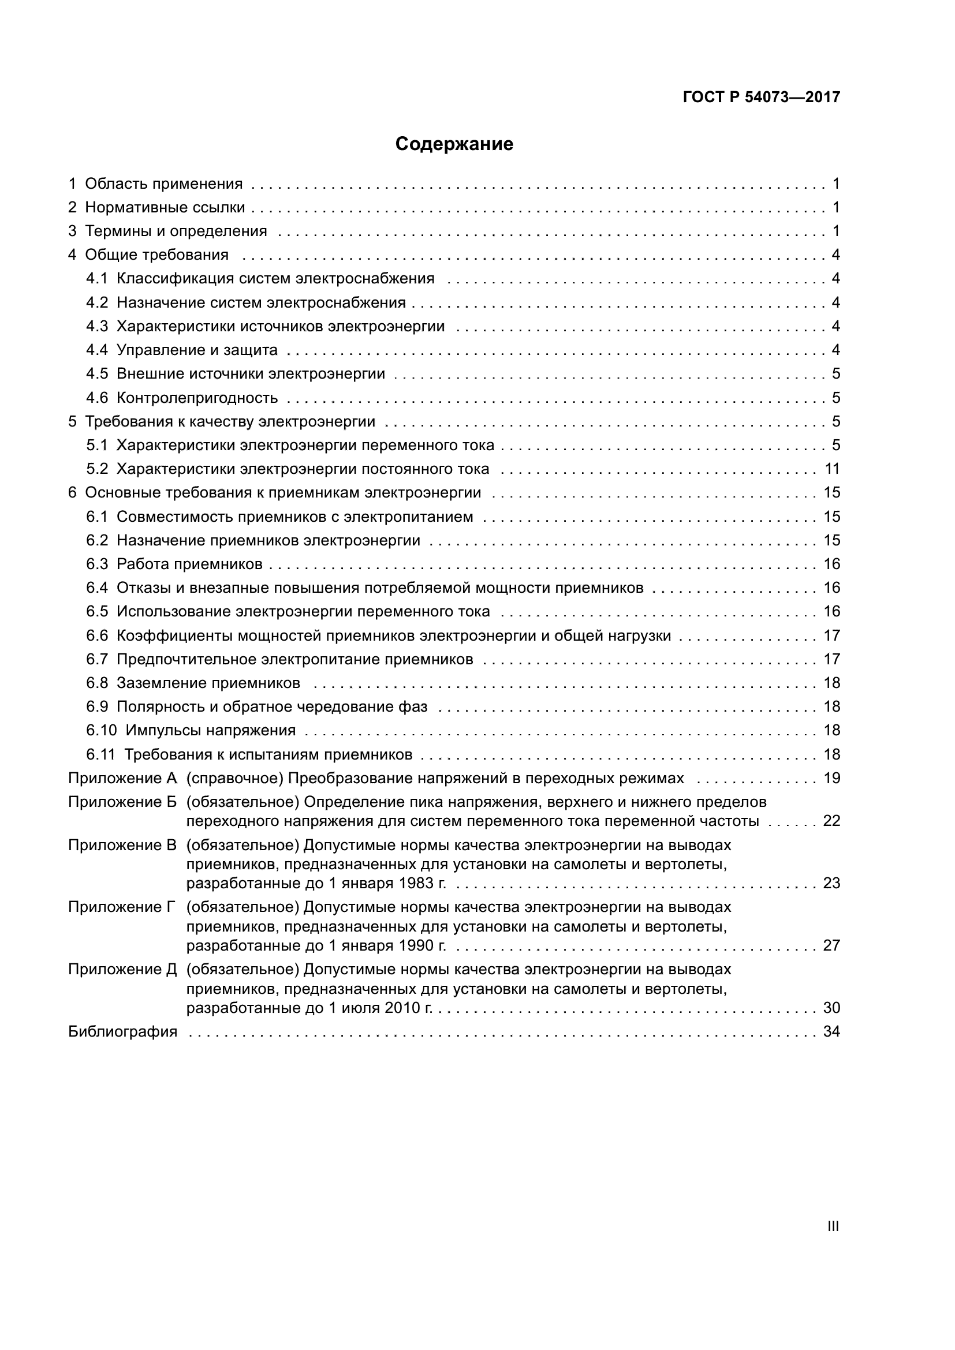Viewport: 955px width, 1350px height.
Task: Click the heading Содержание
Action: tap(453, 144)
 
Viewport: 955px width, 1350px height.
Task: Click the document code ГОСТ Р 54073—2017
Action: tap(761, 97)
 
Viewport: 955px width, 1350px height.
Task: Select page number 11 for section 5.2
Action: tap(831, 469)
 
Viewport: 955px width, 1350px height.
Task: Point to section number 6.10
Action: tap(101, 731)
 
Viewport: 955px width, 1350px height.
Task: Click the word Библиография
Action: tap(122, 1032)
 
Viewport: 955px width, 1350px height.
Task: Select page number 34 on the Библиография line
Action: tap(831, 1032)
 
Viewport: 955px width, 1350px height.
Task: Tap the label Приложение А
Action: tap(122, 779)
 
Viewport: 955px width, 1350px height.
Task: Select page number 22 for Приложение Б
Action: tap(831, 821)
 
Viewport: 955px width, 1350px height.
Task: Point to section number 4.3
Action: tap(97, 326)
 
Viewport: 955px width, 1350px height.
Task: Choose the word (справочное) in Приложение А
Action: tap(234, 779)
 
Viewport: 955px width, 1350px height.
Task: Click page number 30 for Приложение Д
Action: tap(831, 1008)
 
